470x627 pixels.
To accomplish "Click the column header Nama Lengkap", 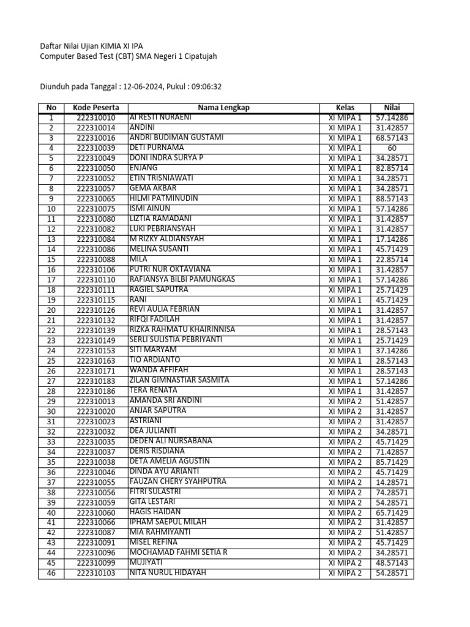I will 223,108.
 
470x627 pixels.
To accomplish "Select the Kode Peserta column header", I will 96,108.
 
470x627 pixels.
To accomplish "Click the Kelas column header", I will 345,108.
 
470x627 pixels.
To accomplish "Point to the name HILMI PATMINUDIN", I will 164,198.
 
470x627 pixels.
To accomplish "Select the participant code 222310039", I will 96,148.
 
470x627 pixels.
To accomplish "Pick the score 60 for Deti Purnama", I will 392,148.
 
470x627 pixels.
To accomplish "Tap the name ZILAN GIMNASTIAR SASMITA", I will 179,380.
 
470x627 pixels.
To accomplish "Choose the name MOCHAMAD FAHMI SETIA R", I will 178,552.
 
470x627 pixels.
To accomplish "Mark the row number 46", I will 51,573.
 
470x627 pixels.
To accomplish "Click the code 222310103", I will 96,573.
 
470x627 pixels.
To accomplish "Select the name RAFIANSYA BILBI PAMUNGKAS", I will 182,279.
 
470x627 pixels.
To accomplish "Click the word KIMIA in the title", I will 119,46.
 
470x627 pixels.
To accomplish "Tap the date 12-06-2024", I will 143,87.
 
